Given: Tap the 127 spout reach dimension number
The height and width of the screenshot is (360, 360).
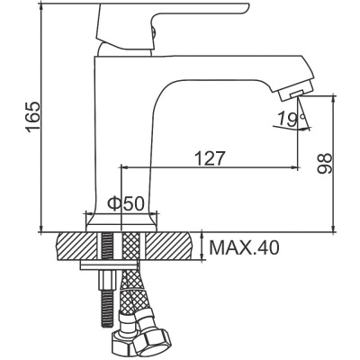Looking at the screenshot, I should pyautogui.click(x=209, y=157).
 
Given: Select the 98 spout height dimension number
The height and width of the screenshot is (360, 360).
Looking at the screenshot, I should pyautogui.click(x=325, y=161).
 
